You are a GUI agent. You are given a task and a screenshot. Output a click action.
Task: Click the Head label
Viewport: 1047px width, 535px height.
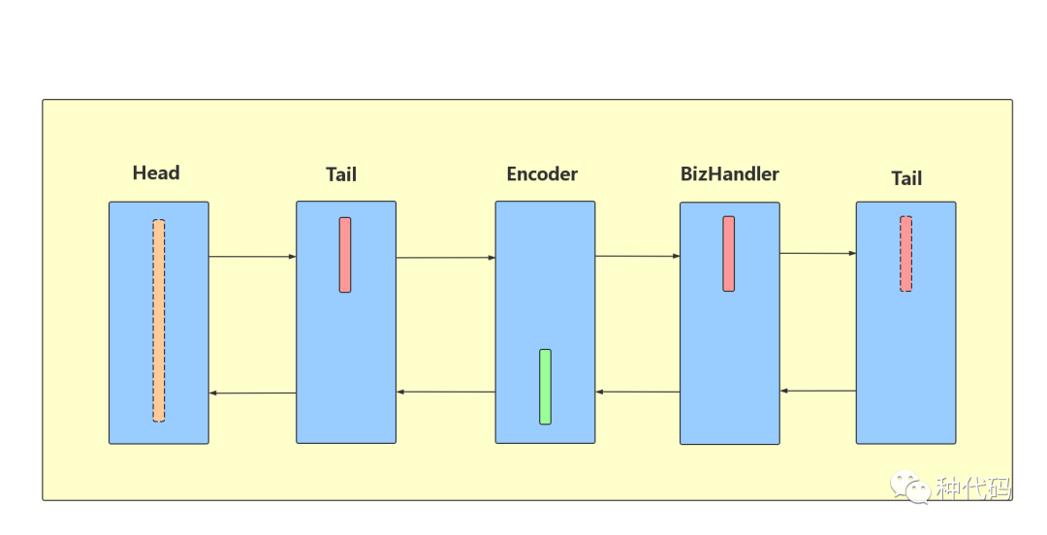[156, 173]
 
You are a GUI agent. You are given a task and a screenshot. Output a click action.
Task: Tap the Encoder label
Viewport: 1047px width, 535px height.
[542, 174]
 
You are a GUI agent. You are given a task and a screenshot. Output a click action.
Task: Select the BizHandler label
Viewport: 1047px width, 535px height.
[730, 173]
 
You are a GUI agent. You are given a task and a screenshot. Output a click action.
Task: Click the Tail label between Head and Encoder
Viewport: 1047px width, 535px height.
[341, 175]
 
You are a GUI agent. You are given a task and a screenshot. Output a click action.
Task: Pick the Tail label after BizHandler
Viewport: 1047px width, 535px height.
[906, 179]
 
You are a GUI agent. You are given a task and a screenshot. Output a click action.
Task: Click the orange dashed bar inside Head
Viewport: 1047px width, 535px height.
[159, 321]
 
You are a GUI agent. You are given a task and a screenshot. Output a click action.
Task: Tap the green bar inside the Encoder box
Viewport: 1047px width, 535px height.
[546, 387]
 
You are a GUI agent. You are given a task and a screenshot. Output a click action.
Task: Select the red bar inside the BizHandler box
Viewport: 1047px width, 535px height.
[728, 254]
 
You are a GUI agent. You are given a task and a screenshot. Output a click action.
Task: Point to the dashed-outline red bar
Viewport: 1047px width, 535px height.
[906, 254]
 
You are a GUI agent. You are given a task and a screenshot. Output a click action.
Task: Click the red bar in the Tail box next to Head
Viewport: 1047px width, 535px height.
[345, 255]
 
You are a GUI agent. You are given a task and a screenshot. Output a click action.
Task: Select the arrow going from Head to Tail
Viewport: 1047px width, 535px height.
[252, 257]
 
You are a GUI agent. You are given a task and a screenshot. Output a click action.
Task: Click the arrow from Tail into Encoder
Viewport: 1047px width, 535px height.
[446, 258]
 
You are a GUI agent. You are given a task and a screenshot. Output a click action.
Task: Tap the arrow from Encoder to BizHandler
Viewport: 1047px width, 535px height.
[638, 256]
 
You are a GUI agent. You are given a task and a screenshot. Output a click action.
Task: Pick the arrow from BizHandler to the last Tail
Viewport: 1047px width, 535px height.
[818, 253]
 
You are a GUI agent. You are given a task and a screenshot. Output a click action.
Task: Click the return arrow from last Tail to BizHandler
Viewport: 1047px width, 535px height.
[818, 391]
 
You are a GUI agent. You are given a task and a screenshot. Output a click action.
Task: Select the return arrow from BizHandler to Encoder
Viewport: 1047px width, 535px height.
[638, 393]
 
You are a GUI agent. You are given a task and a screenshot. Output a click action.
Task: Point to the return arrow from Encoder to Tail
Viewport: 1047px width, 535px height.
[446, 393]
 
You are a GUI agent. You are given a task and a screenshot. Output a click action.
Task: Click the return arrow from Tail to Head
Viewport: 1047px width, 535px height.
[252, 393]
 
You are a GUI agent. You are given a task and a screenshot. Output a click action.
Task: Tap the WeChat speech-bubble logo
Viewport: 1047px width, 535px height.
[909, 487]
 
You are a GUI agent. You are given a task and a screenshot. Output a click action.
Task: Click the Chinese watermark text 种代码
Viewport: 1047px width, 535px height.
[973, 488]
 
